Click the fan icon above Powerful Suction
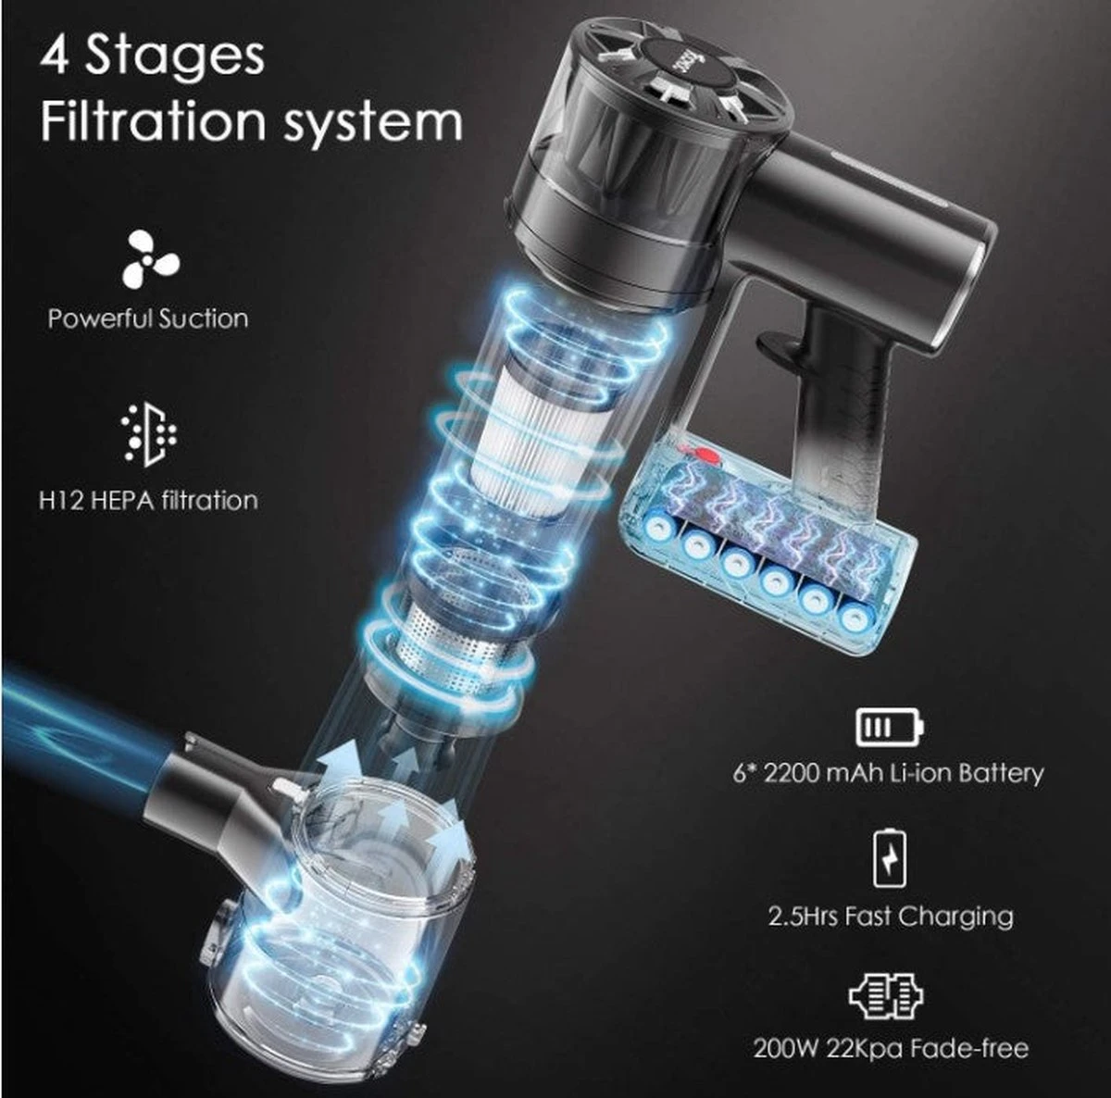click(151, 259)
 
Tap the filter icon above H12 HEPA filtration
click(149, 435)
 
